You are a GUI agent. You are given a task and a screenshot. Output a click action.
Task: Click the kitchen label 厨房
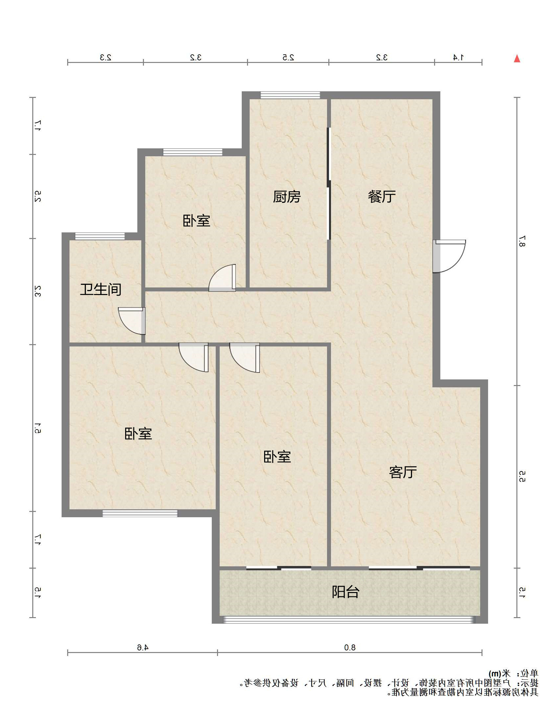[x=287, y=197]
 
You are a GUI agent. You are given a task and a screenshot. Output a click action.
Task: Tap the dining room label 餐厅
[x=382, y=197]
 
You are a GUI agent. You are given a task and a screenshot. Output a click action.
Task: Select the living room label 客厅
[x=402, y=472]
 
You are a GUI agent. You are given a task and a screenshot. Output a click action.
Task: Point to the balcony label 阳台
[x=345, y=592]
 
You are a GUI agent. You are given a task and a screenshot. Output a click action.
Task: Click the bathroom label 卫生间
[x=101, y=289]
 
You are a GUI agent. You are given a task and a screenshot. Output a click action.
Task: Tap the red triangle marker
[x=517, y=59]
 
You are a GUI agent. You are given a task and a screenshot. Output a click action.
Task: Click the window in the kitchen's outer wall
[x=290, y=95]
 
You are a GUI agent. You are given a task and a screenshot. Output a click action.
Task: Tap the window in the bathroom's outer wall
[x=100, y=236]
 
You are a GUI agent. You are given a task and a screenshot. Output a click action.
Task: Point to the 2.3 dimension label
[x=105, y=57]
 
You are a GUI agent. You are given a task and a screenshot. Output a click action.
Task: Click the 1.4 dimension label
[x=458, y=57]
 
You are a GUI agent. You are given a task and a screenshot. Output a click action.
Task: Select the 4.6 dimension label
[x=143, y=647]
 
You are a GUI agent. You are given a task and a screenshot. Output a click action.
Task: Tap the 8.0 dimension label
[x=350, y=647]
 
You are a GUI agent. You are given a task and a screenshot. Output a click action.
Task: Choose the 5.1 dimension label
[x=38, y=428]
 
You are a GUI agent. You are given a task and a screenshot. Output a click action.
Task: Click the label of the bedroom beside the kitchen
[x=196, y=221]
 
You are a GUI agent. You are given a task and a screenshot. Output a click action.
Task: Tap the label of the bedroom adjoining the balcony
[x=277, y=457]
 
